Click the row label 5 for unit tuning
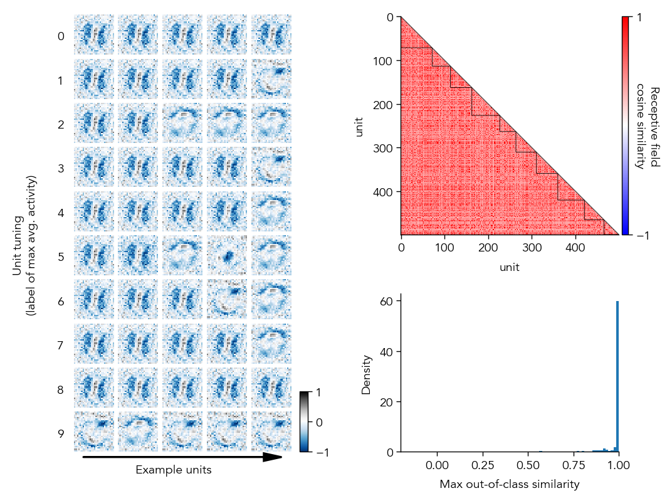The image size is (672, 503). pyautogui.click(x=61, y=257)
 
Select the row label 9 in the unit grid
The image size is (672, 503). pyautogui.click(x=61, y=434)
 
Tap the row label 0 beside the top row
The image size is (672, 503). pyautogui.click(x=61, y=36)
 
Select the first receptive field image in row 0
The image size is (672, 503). pyautogui.click(x=94, y=34)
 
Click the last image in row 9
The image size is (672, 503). pyautogui.click(x=271, y=431)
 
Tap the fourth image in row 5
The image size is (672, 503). pyautogui.click(x=227, y=255)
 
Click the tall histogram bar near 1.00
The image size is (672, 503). pyautogui.click(x=617, y=376)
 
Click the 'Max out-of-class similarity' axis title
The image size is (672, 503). pyautogui.click(x=509, y=484)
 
